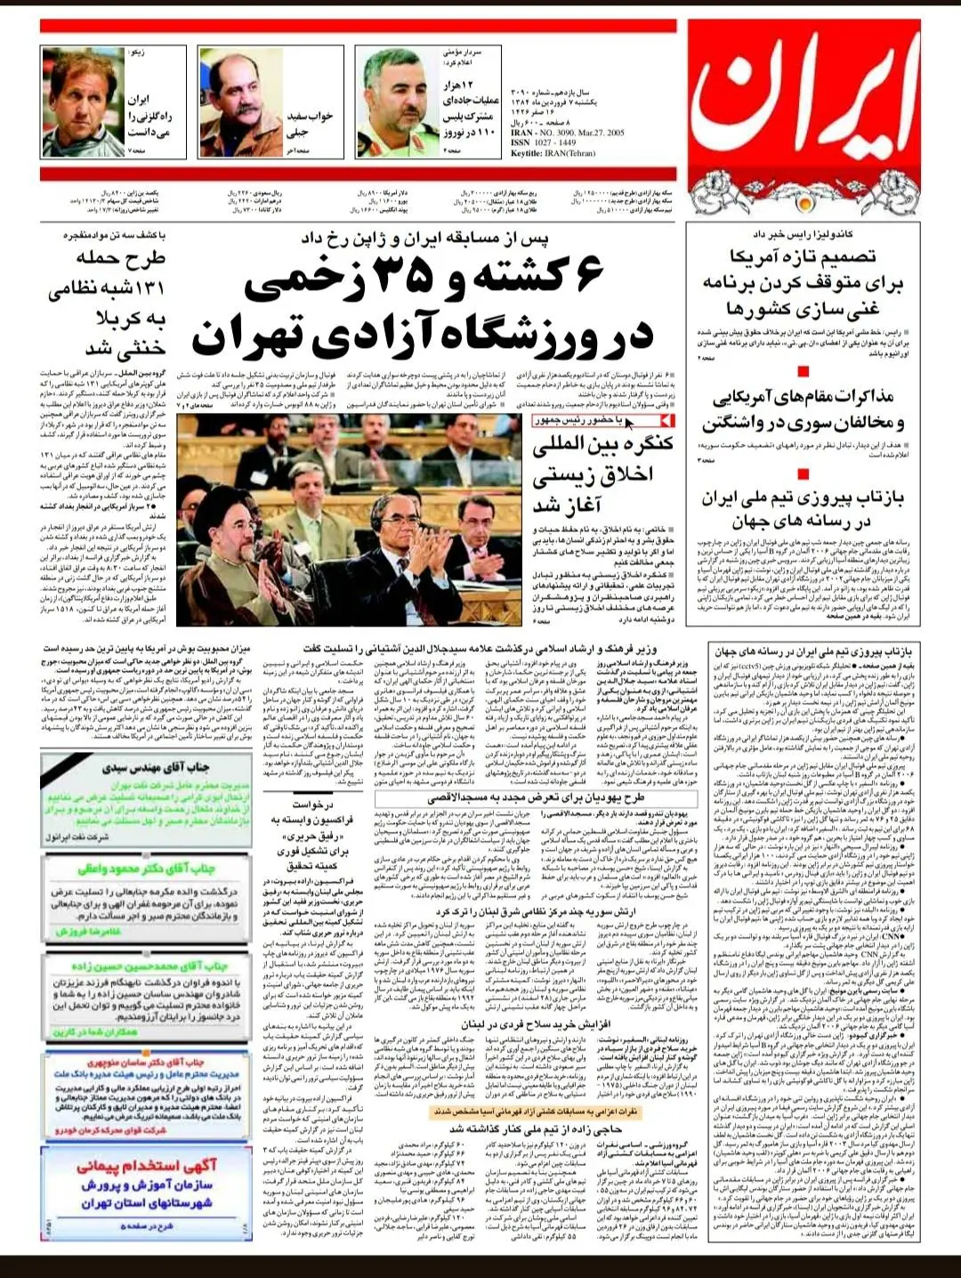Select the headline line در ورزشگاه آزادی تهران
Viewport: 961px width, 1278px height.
point(423,336)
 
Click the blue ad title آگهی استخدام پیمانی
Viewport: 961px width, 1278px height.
point(141,1166)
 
